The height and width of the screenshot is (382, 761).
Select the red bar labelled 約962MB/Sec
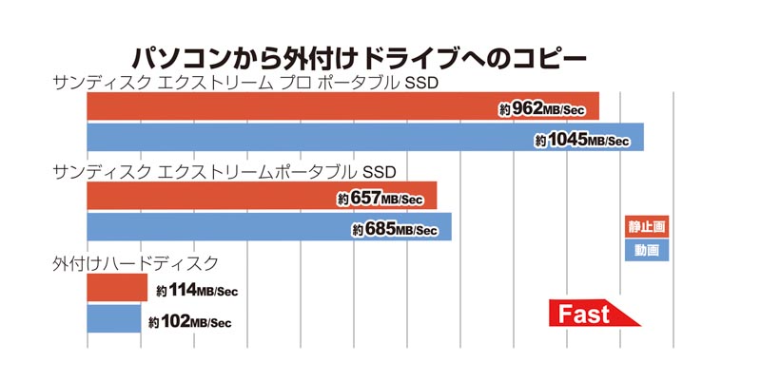pyautogui.click(x=285, y=106)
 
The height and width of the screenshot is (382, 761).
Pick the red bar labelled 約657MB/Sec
pyautogui.click(x=209, y=197)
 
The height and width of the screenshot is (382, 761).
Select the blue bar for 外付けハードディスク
pyautogui.click(x=113, y=318)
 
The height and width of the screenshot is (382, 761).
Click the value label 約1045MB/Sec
pyautogui.click(x=582, y=141)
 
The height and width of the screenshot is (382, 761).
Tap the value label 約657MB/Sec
pyautogui.click(x=380, y=200)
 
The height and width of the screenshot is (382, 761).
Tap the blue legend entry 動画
pyautogui.click(x=647, y=250)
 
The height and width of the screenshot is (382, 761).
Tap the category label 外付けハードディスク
pyautogui.click(x=138, y=262)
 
